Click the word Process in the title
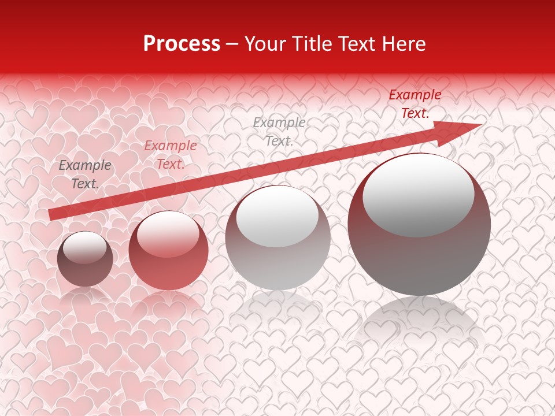(182, 44)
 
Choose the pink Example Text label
(170, 155)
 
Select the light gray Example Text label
(279, 131)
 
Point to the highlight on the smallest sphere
(84, 247)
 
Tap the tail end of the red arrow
(52, 214)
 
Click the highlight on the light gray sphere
(277, 217)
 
